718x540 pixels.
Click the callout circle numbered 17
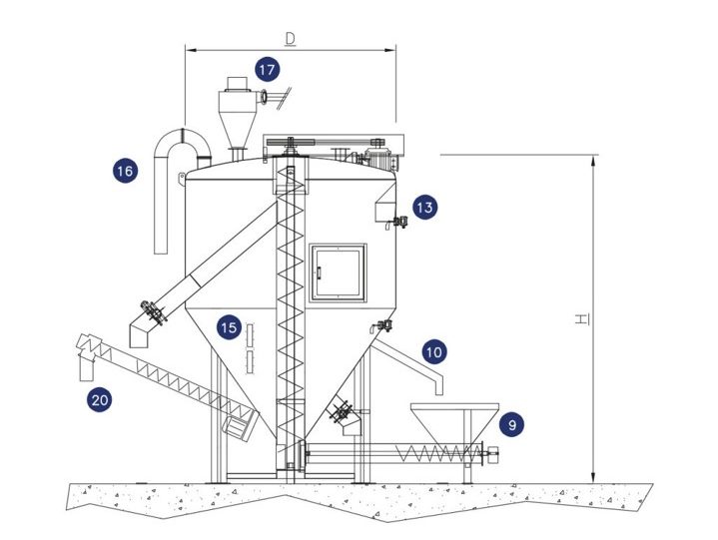pos(267,70)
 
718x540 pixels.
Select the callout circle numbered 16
pos(125,171)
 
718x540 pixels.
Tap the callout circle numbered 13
pos(425,207)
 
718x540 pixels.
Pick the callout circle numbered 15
pos(230,326)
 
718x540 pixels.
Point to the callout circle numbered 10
pos(433,351)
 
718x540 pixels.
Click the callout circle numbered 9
pos(510,424)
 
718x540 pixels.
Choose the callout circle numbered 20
pos(99,400)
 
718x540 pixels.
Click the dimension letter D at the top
pos(291,39)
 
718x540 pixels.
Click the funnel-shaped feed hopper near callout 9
pos(454,418)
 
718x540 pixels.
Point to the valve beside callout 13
pos(399,222)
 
